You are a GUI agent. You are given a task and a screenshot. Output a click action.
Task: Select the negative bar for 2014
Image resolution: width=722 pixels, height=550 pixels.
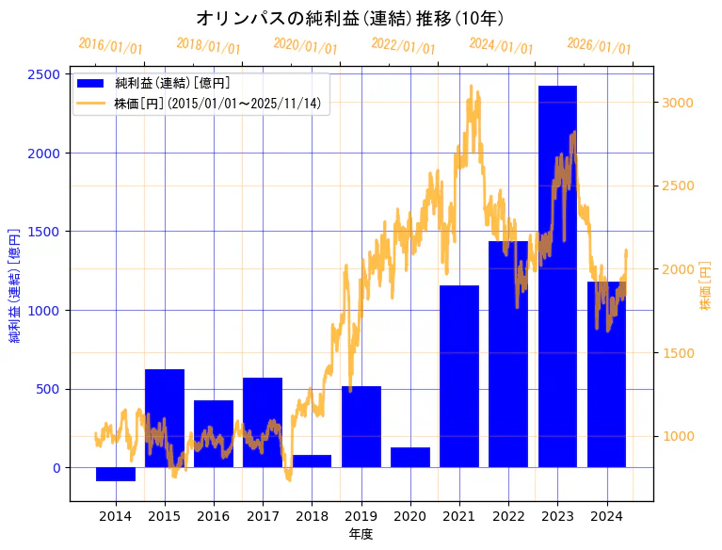(116, 474)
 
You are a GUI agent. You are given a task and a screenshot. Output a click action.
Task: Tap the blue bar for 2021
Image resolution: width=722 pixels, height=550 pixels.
(459, 376)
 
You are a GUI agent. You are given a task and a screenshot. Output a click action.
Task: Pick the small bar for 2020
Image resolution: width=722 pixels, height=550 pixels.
(410, 457)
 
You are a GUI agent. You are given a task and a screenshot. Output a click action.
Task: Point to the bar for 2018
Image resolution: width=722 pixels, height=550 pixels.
(312, 461)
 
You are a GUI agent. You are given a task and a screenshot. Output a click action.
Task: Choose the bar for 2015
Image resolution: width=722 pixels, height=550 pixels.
(165, 418)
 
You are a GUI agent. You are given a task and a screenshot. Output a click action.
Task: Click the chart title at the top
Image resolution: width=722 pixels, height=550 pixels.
(349, 18)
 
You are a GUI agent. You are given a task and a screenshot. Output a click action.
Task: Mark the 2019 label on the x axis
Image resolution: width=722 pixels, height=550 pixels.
(361, 516)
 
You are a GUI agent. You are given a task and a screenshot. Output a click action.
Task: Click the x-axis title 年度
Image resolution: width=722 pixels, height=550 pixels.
(361, 534)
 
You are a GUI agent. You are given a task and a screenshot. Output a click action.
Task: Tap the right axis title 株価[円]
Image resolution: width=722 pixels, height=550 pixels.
(705, 286)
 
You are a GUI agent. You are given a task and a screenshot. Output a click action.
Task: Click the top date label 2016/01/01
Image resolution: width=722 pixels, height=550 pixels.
(110, 45)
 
